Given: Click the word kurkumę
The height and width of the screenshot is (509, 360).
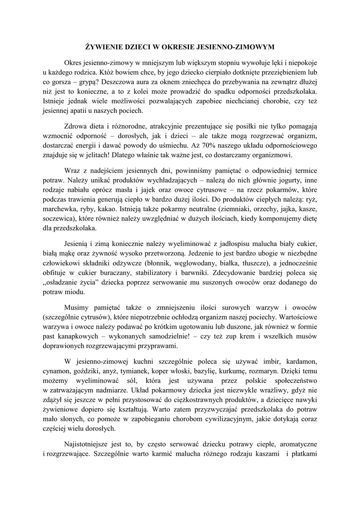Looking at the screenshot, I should pyautogui.click(x=240, y=370).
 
